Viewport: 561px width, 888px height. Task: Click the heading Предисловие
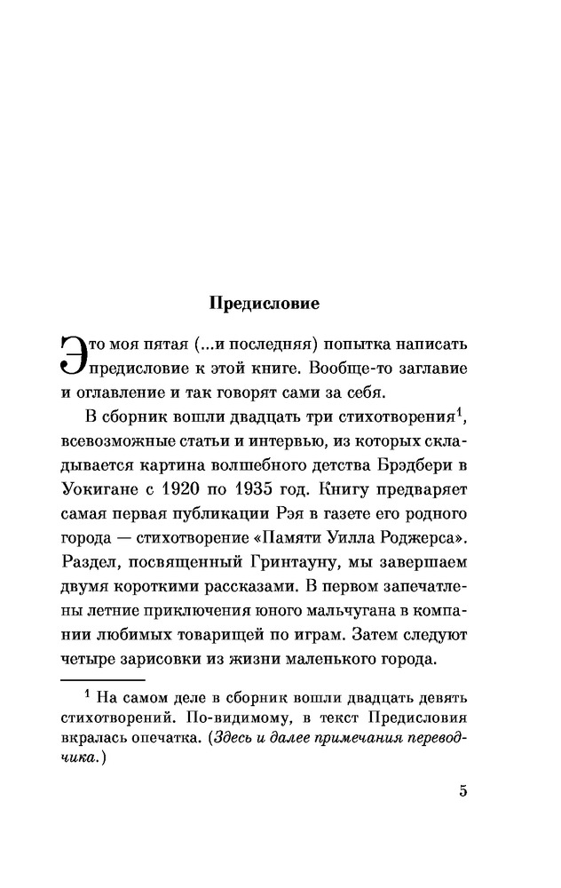(x=264, y=303)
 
